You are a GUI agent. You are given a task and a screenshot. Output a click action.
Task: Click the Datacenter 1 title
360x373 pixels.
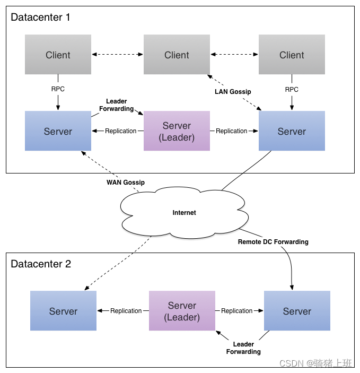[40, 18]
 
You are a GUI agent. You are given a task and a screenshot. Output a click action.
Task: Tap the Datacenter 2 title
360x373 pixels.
[41, 264]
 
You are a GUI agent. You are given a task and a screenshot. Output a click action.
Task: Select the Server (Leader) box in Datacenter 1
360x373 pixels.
[177, 131]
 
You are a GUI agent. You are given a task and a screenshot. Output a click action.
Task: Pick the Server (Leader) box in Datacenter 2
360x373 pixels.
[182, 311]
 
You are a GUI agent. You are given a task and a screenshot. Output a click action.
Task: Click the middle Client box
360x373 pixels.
[177, 55]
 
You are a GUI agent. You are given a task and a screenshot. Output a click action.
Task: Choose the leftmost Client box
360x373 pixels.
[58, 55]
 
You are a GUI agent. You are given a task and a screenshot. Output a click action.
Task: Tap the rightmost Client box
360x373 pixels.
[292, 55]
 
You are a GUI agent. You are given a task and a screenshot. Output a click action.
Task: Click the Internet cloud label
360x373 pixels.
[185, 213]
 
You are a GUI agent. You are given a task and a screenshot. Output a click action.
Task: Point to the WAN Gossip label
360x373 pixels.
[126, 183]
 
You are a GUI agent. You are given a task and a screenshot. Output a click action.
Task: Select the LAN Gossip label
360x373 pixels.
[233, 92]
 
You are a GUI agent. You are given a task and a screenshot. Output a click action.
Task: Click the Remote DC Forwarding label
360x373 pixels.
[273, 242]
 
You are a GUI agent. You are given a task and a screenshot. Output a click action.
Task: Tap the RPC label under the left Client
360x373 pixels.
[58, 89]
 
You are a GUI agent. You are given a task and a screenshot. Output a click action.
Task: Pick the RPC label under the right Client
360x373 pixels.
[292, 90]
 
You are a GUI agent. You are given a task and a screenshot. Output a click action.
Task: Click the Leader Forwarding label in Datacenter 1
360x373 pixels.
[117, 105]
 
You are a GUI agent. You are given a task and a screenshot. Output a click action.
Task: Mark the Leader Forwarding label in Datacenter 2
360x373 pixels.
[243, 348]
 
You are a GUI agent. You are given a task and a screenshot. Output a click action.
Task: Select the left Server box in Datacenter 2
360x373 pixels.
[63, 311]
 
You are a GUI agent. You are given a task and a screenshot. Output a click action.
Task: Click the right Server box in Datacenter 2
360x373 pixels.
[297, 311]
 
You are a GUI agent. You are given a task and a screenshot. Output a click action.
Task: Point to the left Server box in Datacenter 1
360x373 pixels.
[58, 131]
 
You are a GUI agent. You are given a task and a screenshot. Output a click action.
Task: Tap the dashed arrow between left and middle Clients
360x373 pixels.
[118, 55]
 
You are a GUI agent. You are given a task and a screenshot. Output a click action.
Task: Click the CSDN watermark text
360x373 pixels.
[315, 363]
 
